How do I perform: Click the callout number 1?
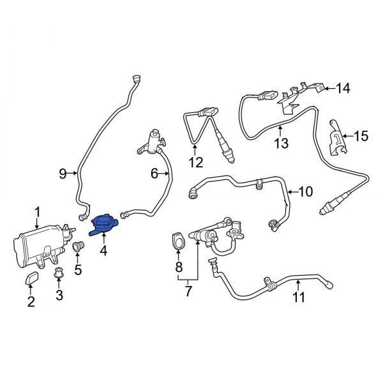(x=37, y=212)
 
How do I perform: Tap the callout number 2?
(x=31, y=302)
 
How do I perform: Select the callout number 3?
(x=59, y=295)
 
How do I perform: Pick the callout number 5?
(x=78, y=269)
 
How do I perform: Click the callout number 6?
(x=154, y=173)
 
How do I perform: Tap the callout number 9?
(x=63, y=173)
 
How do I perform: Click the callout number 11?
(x=298, y=297)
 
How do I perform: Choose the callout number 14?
(x=343, y=88)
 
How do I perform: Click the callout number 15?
(x=361, y=135)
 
